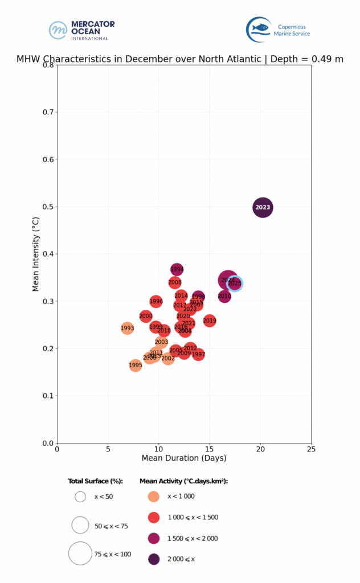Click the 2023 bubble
[263, 208]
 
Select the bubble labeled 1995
[136, 366]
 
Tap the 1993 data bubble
[127, 328]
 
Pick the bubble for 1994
[177, 269]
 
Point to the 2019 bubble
[210, 321]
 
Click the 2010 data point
[224, 296]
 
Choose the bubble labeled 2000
[146, 316]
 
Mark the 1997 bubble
[198, 355]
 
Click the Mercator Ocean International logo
[81, 30]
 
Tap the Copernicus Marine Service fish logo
[258, 29]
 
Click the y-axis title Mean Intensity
[35, 254]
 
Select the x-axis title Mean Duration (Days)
[183, 458]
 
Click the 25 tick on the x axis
[311, 448]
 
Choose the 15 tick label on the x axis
[210, 448]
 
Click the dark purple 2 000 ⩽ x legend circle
[154, 559]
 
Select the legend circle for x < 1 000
[154, 496]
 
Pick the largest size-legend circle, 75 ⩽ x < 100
[80, 553]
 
